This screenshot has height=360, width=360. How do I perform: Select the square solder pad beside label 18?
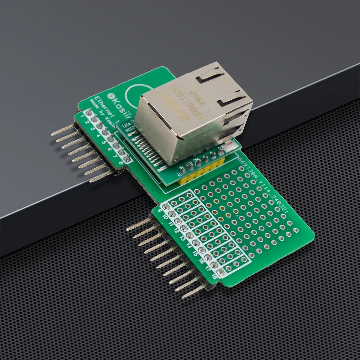point(220,273)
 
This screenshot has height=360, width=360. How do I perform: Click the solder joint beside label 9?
point(166,206)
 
